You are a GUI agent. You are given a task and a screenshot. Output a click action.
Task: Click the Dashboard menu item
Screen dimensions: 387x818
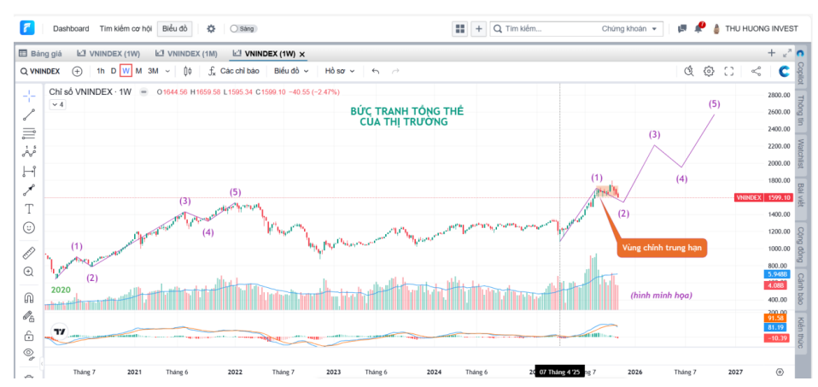pyautogui.click(x=70, y=28)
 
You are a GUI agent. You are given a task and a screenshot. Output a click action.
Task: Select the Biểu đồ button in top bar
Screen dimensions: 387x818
pyautogui.click(x=175, y=28)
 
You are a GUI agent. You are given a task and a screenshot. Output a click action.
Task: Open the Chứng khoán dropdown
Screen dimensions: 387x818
pyautogui.click(x=631, y=28)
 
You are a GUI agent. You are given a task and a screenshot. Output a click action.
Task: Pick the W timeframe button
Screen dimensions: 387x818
pyautogui.click(x=126, y=71)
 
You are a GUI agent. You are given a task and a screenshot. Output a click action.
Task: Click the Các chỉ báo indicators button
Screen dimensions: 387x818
pyautogui.click(x=233, y=71)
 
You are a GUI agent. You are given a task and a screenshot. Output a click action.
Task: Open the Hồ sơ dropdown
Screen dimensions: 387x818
pyautogui.click(x=339, y=71)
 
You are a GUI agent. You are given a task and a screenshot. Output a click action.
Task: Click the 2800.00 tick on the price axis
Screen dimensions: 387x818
pyautogui.click(x=779, y=95)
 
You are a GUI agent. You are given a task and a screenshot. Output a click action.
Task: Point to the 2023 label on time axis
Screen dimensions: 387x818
pyautogui.click(x=333, y=372)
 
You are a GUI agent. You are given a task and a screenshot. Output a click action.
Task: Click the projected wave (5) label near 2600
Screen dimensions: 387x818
pyautogui.click(x=714, y=103)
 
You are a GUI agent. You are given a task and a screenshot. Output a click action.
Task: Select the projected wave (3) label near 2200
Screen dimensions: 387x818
pyautogui.click(x=654, y=134)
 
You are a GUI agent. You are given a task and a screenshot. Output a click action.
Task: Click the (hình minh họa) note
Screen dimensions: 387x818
pyautogui.click(x=661, y=295)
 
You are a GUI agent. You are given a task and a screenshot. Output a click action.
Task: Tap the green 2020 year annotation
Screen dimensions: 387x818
pyautogui.click(x=60, y=290)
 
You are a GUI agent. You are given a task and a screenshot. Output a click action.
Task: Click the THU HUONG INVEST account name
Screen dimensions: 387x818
pyautogui.click(x=761, y=28)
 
